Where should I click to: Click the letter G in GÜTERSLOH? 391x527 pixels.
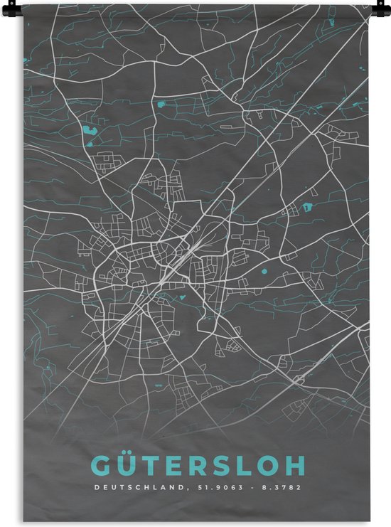click(100, 465)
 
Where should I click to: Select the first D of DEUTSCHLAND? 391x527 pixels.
click(95, 488)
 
